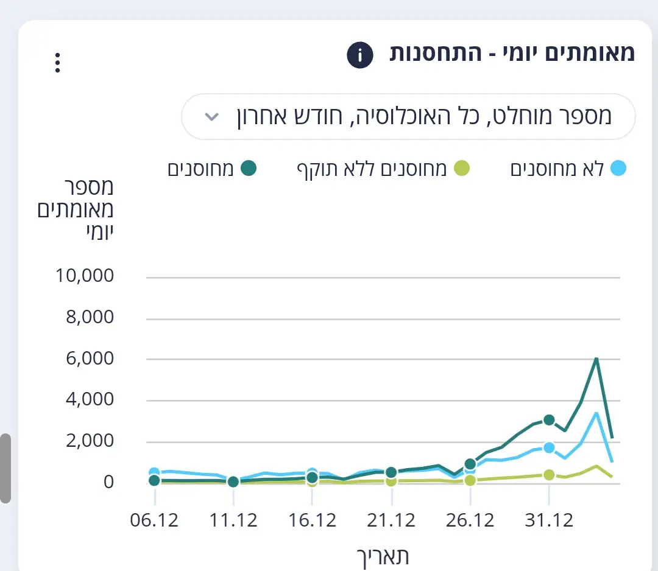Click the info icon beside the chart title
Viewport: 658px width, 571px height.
coord(359,55)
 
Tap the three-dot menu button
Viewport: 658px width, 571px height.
coord(57,63)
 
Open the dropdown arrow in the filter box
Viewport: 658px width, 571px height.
coord(211,116)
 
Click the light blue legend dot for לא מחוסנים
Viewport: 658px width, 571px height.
coord(618,169)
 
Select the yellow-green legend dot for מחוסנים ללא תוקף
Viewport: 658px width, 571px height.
coord(463,169)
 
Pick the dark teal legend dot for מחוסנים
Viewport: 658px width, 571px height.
coord(248,169)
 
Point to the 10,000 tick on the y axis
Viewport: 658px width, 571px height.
coord(85,276)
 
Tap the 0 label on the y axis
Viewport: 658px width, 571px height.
coord(107,482)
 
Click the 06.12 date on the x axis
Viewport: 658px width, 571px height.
coord(155,520)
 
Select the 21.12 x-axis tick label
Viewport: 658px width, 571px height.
coord(391,520)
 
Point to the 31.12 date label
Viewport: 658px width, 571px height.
coord(549,520)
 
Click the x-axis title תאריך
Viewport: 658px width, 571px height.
coord(382,556)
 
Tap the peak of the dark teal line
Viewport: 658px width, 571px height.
coord(596,358)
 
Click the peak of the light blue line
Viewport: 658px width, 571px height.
coord(596,413)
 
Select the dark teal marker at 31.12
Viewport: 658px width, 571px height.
coord(549,420)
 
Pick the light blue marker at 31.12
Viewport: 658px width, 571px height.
coord(549,448)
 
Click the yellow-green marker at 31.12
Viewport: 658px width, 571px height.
coord(549,475)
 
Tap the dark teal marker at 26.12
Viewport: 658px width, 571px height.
coord(470,464)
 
